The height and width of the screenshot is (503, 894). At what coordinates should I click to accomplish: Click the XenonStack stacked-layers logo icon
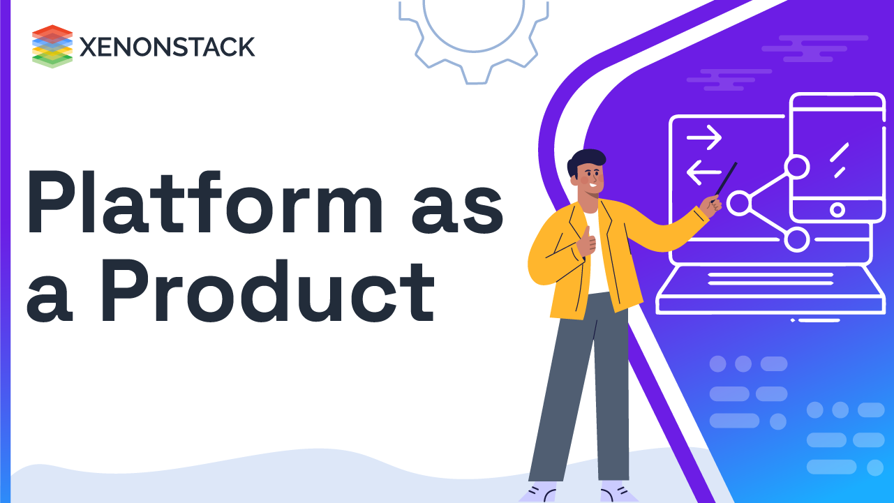pos(52,46)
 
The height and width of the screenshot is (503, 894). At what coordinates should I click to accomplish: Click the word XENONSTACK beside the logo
pos(167,47)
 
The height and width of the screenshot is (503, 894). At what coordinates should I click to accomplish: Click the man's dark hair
pos(585,162)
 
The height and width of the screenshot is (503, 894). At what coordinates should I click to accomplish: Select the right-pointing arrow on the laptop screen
pos(703,138)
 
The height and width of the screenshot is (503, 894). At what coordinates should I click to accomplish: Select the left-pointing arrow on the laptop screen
pos(703,172)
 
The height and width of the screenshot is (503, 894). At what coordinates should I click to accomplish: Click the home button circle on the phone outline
pos(837,209)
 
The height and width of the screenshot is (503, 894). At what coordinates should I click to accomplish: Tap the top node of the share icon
pos(796,167)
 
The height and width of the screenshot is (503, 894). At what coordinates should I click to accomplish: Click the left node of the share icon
pos(738,203)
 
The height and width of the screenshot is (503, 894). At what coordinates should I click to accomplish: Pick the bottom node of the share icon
pos(796,239)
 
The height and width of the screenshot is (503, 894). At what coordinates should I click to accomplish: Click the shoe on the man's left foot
pos(617,492)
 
